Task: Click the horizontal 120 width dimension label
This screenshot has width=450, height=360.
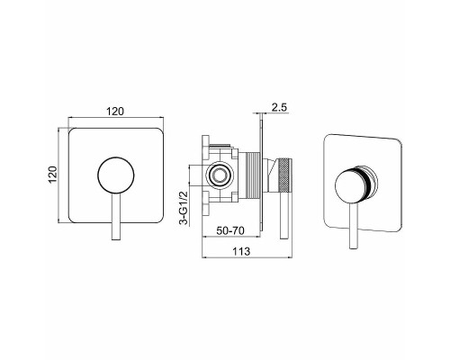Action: (x=115, y=112)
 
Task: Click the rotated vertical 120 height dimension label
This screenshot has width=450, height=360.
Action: (x=53, y=175)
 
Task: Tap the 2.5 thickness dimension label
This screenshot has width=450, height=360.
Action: (x=279, y=107)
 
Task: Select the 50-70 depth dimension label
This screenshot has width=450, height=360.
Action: (x=230, y=230)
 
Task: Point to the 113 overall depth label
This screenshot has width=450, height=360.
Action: (x=241, y=251)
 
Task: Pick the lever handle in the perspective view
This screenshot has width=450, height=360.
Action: (x=354, y=226)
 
